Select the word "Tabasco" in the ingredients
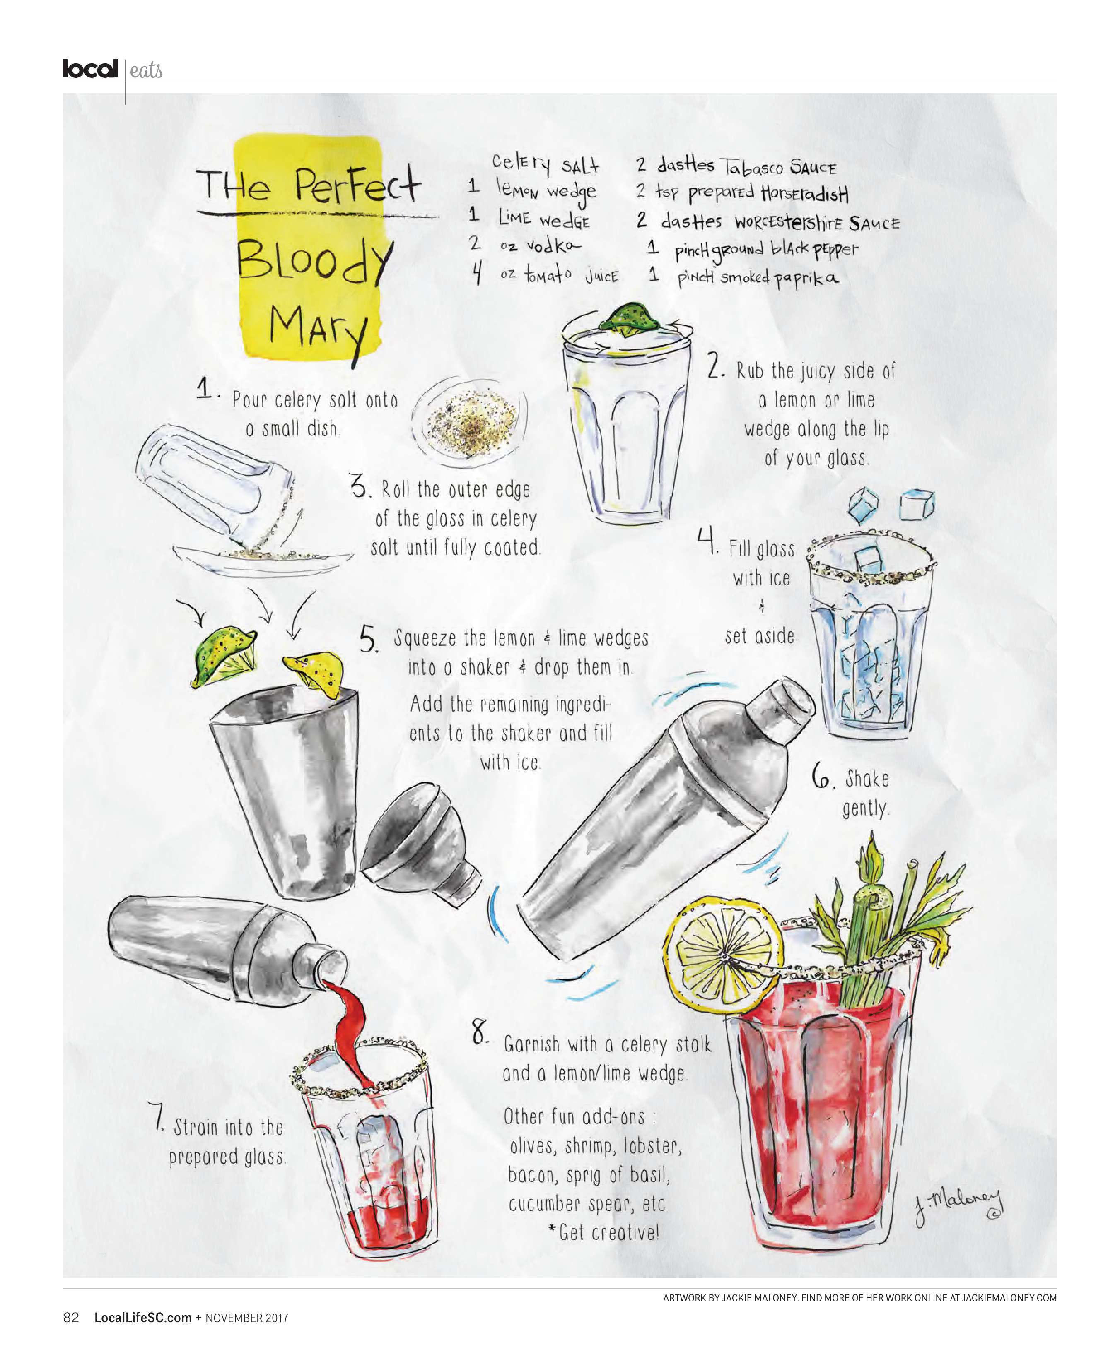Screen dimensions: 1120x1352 [x=751, y=167]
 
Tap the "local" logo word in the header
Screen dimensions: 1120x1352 [x=90, y=69]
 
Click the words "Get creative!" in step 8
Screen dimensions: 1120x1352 [x=608, y=1232]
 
